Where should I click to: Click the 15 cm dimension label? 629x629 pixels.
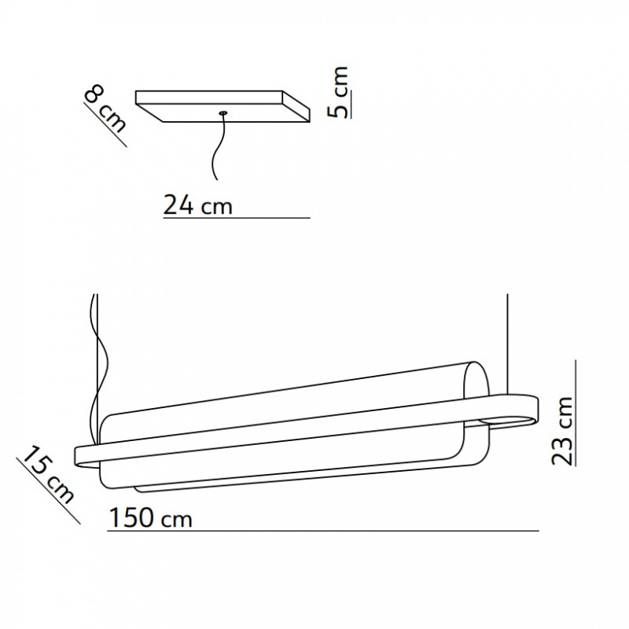pos(48,475)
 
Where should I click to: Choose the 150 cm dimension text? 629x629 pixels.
pos(150,519)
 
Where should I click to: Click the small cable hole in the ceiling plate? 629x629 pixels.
pos(224,113)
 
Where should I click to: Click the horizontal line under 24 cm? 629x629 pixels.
pos(236,217)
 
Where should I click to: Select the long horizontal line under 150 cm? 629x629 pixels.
pos(322,532)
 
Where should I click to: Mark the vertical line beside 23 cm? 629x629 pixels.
pos(576,413)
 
